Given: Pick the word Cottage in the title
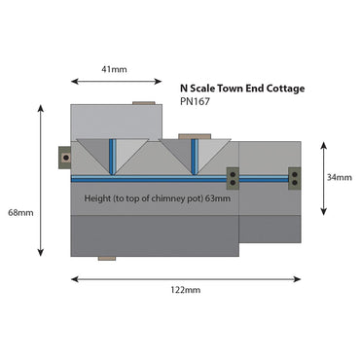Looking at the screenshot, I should (282, 88).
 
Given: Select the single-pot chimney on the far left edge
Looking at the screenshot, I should (65, 157).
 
